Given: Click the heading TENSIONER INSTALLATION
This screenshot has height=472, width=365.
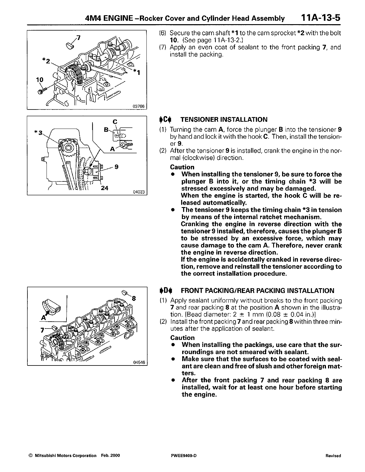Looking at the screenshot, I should point(224,120).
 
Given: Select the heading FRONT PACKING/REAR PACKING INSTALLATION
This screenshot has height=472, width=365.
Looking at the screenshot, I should point(258,291).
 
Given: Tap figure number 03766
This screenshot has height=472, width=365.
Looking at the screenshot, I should point(139,107).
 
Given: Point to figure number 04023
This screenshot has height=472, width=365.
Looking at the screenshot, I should point(138,192).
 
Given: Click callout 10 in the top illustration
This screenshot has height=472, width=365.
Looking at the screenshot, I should point(40,80).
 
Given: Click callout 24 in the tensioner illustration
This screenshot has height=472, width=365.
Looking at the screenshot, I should point(104,188).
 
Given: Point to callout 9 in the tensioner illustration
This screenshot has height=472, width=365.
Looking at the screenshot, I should point(117,167).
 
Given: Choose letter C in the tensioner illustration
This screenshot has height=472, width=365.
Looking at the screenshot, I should point(115,121).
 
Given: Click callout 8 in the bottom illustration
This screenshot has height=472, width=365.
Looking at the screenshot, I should point(134,297).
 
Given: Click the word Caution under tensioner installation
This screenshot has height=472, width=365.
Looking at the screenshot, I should point(182,167).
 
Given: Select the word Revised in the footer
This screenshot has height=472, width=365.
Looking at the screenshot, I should point(333,456).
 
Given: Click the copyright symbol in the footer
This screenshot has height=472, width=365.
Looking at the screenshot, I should point(30,456).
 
